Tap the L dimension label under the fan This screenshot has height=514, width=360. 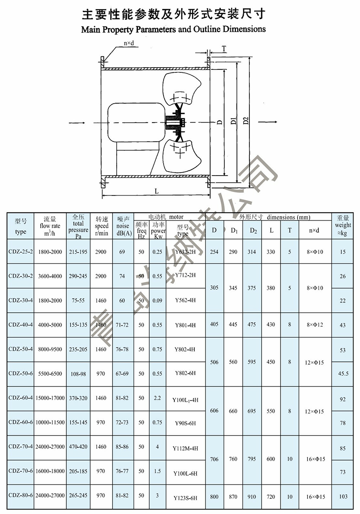pos(156,191)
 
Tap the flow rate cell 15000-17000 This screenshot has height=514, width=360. pos(50,398)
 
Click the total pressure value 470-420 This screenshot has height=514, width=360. pos(78,447)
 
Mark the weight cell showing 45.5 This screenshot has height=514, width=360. pos(343,373)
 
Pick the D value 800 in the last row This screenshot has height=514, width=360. pos(214,497)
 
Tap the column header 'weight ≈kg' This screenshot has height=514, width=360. pos(343,225)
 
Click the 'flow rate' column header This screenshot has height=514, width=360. pos(50,226)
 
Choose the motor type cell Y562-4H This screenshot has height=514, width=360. pos(185,300)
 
